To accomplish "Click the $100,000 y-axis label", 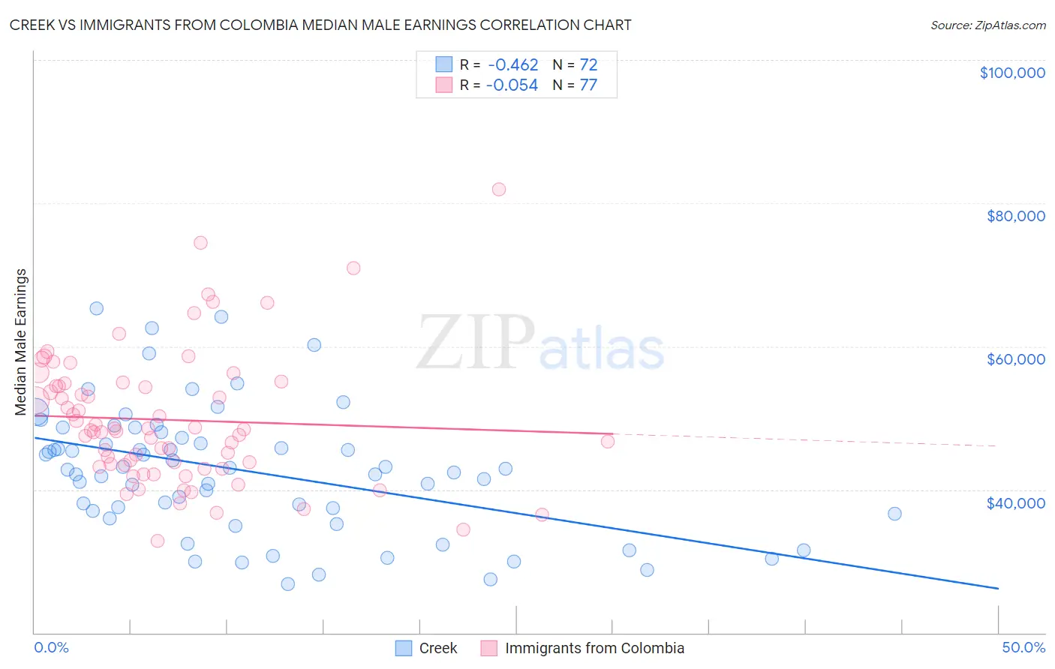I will tap(1011, 73).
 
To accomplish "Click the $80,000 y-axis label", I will tap(1015, 216).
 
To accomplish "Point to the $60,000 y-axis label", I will tap(1015, 359).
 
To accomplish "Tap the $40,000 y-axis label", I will tap(1015, 502).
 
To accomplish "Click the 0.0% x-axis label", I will tap(51, 647).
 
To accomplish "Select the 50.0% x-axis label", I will tap(1023, 647).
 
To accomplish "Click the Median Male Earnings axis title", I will tap(21, 341).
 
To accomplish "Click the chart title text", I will tap(320, 25).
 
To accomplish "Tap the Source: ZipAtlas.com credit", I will tap(987, 25).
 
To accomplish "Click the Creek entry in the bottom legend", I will tap(437, 648).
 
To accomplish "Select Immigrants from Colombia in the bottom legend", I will tap(594, 648).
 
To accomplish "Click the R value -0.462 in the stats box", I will tap(512, 64).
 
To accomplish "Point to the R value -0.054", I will tap(512, 85).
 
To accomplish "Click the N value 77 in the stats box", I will tap(588, 85).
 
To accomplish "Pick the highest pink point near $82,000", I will tap(499, 189).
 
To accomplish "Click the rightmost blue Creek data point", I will tap(894, 514).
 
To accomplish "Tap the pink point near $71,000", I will tap(353, 268).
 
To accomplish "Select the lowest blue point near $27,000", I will tap(287, 583).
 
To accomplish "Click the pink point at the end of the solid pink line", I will tap(608, 441).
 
